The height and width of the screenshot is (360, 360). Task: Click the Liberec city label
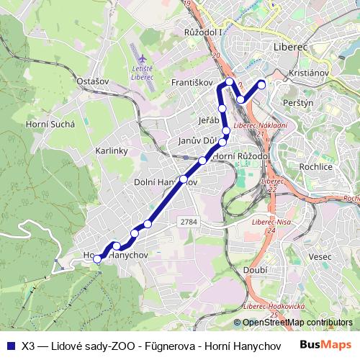(x=292, y=45)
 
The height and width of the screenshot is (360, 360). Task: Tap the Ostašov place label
(x=92, y=81)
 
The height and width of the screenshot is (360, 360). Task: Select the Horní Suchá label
(x=50, y=124)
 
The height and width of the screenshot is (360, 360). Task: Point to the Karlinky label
(x=111, y=151)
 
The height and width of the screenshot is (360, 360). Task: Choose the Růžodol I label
(x=204, y=33)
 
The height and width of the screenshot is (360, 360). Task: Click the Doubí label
(x=255, y=269)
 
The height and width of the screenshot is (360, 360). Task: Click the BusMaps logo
(x=325, y=344)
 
